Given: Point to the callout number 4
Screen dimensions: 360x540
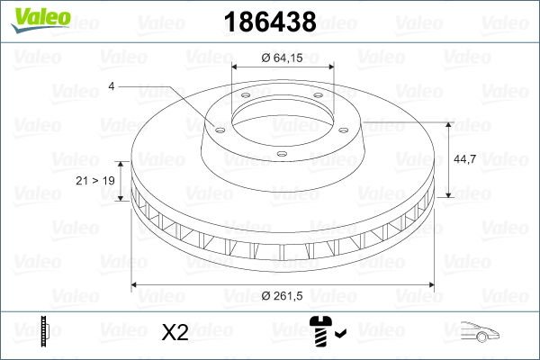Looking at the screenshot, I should click(x=111, y=86).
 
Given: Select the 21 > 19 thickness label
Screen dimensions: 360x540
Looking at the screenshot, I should click(x=96, y=181).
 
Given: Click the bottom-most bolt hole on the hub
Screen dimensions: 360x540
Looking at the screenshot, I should click(x=282, y=154).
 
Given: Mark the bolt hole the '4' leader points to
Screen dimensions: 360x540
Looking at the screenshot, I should click(x=217, y=127).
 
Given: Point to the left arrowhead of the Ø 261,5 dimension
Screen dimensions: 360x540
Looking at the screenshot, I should click(x=136, y=285).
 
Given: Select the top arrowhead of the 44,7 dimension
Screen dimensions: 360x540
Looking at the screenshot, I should click(x=448, y=123).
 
